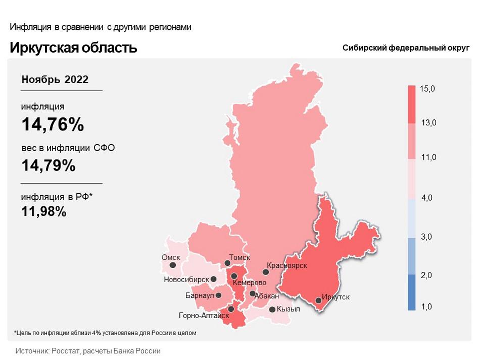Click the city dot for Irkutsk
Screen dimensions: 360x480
pos(319,300)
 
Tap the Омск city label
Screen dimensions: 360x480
pos(171,257)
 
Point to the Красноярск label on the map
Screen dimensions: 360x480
pos(287,265)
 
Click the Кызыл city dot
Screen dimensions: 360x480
pos(272,309)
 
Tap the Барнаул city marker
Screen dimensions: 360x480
pos(219,295)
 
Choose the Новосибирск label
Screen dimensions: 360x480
pos(187,279)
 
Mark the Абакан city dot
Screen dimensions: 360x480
pos(252,294)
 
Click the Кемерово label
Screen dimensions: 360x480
pos(249,283)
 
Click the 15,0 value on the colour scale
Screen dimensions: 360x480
pos(427,88)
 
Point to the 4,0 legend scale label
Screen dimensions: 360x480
pos(427,198)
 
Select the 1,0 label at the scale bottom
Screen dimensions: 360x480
pos(427,307)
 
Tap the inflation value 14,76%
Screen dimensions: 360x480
pos(53,124)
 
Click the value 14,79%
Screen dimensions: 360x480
pos(49,165)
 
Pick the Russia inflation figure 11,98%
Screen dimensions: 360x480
pos(44,211)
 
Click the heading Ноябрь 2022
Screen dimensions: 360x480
pos(55,79)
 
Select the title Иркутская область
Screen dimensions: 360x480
pos(73,48)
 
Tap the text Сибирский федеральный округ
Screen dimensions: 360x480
pos(406,48)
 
